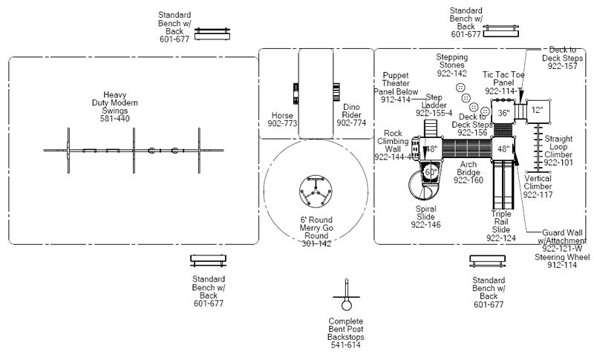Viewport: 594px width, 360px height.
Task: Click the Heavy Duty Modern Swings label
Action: pos(115,106)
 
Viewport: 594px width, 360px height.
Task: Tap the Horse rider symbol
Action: pos(296,94)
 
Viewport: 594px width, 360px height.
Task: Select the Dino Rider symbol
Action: pos(336,93)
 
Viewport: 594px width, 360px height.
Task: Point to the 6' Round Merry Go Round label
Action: pos(316,231)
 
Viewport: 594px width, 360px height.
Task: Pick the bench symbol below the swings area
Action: pos(209,261)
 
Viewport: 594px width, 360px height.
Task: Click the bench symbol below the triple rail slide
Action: pos(488,261)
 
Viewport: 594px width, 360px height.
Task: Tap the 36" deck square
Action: pos(503,113)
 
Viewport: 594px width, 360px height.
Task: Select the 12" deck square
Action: pos(538,110)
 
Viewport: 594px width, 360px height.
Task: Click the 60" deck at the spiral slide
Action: pos(431,172)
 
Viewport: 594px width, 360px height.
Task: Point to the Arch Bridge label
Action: pos(469,172)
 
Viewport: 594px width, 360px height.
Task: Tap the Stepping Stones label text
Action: pos(451,65)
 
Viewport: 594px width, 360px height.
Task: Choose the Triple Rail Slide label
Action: pos(501,226)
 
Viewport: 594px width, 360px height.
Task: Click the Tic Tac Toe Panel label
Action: pos(509,82)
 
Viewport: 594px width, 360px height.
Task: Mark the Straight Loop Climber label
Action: pos(558,150)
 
